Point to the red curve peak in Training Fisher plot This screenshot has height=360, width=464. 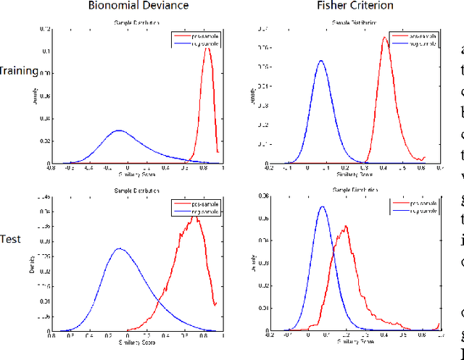[385, 38]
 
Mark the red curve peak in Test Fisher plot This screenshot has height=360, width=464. [347, 226]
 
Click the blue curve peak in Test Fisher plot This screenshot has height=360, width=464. [322, 206]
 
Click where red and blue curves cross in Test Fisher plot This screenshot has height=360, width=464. [334, 244]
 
